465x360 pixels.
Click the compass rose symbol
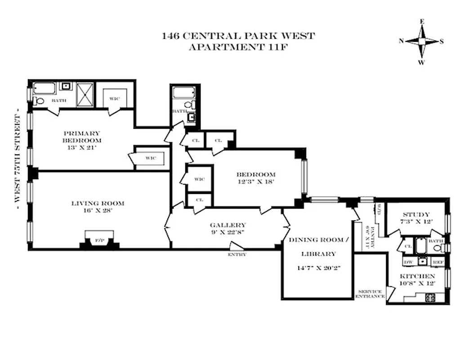point(421,41)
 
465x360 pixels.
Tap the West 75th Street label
point(18,159)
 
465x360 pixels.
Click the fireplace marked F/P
point(99,241)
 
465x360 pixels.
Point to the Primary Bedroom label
point(81,136)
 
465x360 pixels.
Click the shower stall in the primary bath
point(85,94)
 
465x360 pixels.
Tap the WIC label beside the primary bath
point(115,99)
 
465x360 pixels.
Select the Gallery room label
point(228,225)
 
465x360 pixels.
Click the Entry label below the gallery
point(237,254)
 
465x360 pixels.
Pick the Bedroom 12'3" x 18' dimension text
point(255,182)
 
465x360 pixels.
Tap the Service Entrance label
point(370,294)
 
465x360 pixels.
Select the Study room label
point(416,215)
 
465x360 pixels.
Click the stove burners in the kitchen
point(430,297)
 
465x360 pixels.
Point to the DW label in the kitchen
point(408,261)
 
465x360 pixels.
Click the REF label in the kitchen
point(437,261)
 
